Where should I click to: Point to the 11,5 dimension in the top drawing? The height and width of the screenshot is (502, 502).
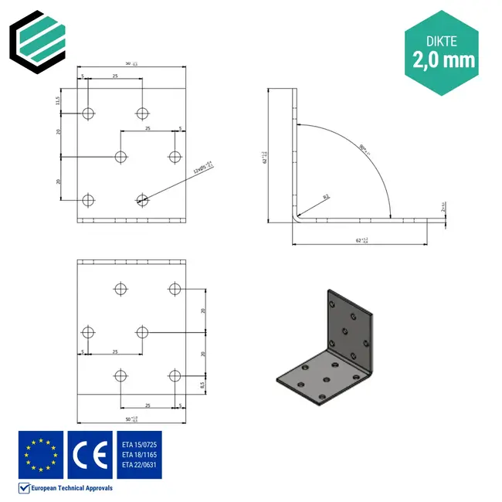tap(58, 100)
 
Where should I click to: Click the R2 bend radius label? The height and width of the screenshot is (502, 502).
tap(326, 198)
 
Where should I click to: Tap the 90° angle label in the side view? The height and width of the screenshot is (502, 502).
tap(361, 148)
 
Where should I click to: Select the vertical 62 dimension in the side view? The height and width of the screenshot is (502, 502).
tap(264, 158)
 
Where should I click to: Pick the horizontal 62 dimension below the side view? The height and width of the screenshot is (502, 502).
tap(361, 240)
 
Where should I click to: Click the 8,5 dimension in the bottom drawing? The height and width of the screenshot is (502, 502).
tap(202, 384)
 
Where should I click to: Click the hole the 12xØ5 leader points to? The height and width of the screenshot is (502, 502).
tap(142, 200)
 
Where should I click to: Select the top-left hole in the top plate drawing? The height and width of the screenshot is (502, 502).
tap(88, 114)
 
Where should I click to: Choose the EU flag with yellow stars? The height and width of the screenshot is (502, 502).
tap(40, 453)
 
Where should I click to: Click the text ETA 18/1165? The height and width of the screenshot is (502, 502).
tap(139, 454)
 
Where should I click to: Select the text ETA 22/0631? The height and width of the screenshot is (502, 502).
tap(139, 465)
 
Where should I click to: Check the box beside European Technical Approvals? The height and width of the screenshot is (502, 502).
tap(23, 488)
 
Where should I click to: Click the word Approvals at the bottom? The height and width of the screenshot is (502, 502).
tap(97, 488)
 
